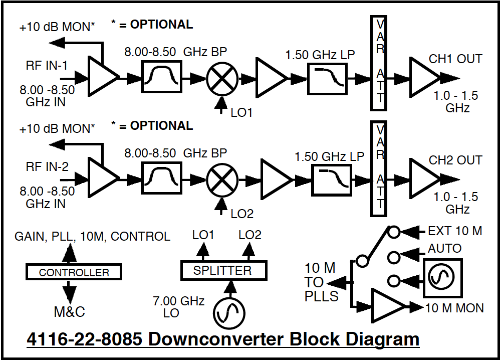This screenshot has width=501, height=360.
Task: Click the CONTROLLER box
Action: point(74,272)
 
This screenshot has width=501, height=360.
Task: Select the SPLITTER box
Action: point(223,271)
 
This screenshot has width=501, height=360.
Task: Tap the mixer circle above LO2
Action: point(222,181)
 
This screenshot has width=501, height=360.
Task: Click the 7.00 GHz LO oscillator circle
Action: point(229,313)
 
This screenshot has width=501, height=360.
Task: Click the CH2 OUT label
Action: point(455,160)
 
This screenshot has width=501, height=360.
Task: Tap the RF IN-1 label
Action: point(47,66)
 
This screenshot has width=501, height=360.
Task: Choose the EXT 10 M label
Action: point(455,231)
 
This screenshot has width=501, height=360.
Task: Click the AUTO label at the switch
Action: point(444,249)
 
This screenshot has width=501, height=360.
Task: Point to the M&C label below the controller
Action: point(70,312)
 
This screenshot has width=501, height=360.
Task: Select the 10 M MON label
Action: point(454,307)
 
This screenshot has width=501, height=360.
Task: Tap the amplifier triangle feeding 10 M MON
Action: point(386,305)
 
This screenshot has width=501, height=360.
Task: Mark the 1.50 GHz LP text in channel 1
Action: point(320,55)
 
